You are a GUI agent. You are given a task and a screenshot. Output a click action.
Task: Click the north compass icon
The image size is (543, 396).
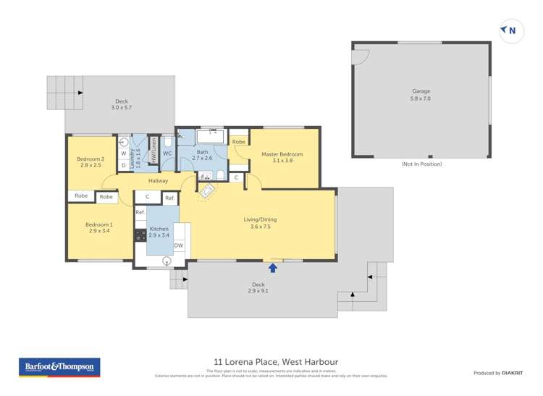pyautogui.click(x=510, y=30)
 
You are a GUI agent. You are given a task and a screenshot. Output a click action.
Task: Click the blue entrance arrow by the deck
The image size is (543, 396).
pyautogui.click(x=273, y=267)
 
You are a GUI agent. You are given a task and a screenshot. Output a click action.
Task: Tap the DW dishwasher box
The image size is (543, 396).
pyautogui.click(x=178, y=246)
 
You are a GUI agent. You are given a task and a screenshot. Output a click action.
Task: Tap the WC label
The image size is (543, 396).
pyautogui.click(x=167, y=153)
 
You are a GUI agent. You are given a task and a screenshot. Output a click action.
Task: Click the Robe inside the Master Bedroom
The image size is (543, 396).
pyautogui.click(x=239, y=142)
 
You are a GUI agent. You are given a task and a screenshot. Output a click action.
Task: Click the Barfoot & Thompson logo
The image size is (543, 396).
pyautogui.click(x=59, y=367)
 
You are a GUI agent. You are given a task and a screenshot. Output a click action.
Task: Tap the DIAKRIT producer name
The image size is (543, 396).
pyautogui.click(x=515, y=373)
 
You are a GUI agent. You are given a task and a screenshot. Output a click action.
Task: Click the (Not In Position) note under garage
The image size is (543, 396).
pyautogui.click(x=421, y=164)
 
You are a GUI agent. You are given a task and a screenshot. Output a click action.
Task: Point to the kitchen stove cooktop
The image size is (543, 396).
pyautogui.click(x=139, y=235)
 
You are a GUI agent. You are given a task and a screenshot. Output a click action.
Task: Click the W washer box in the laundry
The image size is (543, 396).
pyautogui.click(x=124, y=153)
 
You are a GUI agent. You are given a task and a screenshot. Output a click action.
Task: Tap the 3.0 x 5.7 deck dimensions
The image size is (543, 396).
pyautogui.click(x=122, y=108)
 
